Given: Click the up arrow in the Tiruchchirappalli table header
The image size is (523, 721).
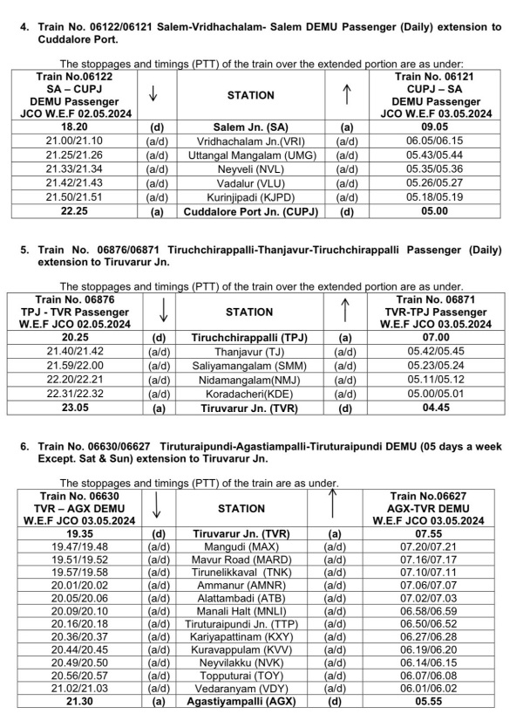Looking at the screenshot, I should tap(347, 310).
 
